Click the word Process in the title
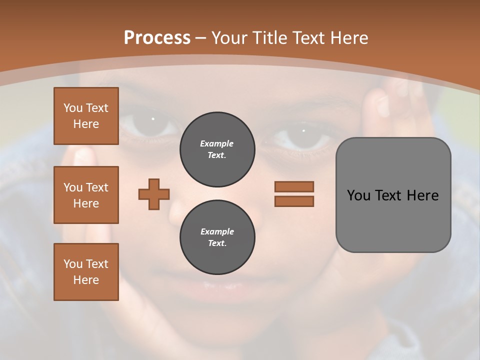click(x=157, y=38)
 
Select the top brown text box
click(x=86, y=116)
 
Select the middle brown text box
click(x=86, y=195)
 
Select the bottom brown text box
click(x=86, y=272)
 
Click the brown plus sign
click(x=154, y=194)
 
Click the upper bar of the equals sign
click(x=294, y=186)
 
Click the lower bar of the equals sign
click(x=294, y=201)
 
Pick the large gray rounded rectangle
click(x=393, y=220)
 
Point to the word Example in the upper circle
click(x=216, y=143)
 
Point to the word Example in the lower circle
click(x=217, y=231)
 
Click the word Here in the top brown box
click(x=86, y=124)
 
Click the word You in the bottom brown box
click(x=73, y=263)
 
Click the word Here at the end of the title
click(x=348, y=38)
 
